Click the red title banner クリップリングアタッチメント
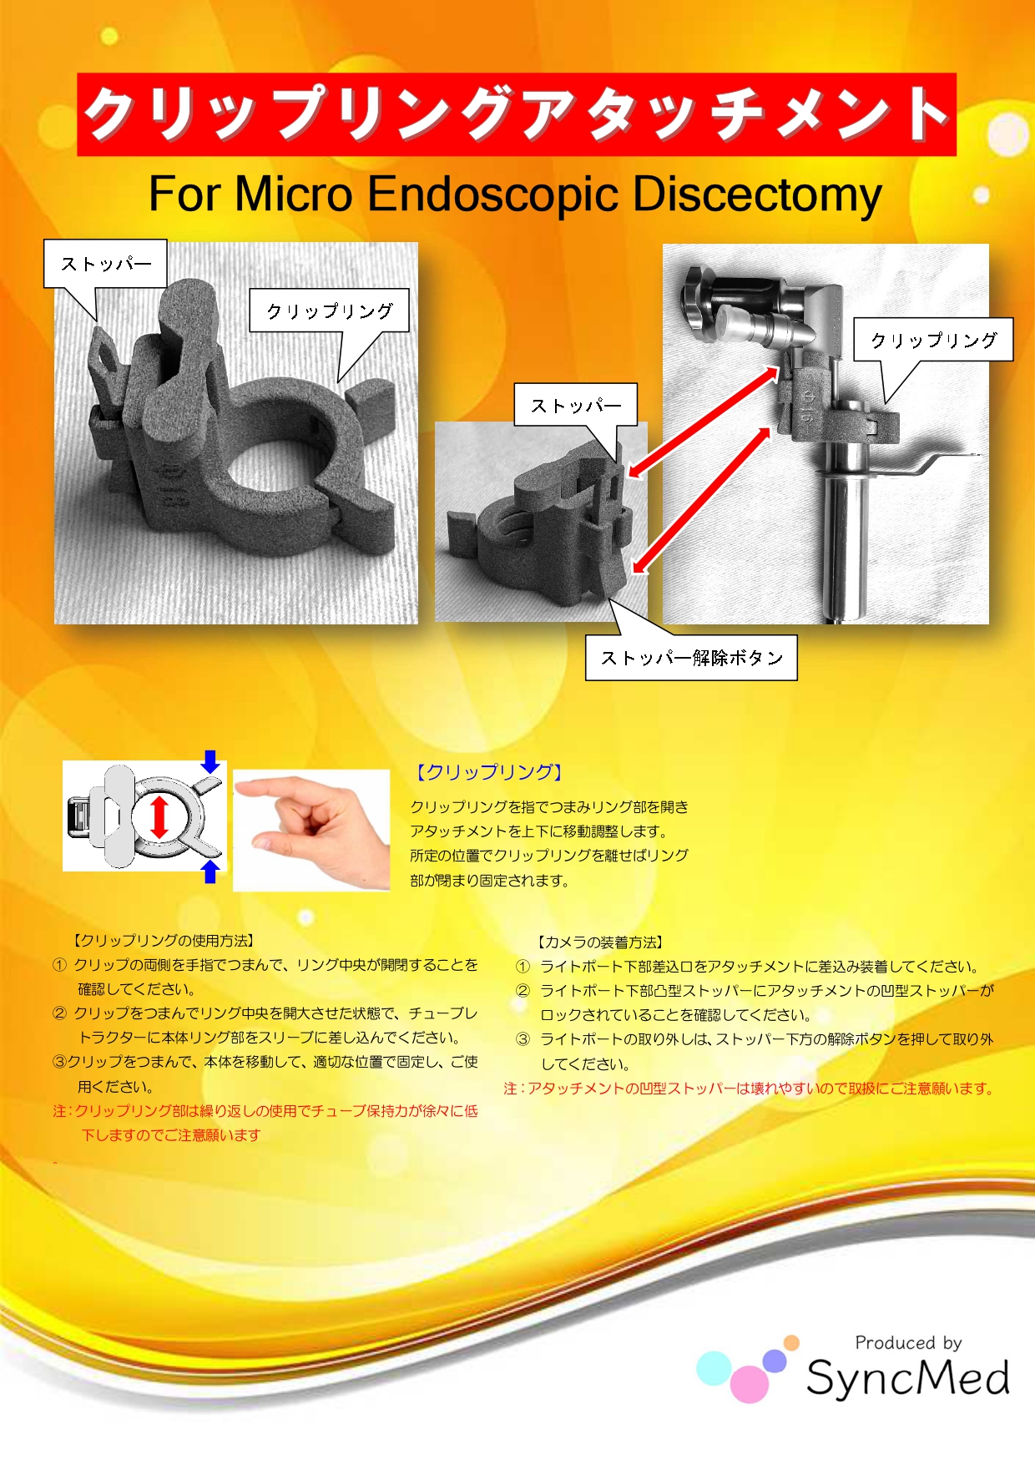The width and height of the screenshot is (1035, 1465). (x=517, y=114)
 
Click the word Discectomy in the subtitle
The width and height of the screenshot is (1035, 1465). (x=757, y=195)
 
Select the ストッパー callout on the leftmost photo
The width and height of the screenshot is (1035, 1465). (x=105, y=264)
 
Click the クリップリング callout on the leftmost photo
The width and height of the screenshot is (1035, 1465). (x=329, y=311)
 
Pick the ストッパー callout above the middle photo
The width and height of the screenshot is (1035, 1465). (x=575, y=406)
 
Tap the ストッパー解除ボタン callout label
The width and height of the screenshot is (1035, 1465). (x=691, y=658)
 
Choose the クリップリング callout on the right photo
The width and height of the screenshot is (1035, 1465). (x=933, y=340)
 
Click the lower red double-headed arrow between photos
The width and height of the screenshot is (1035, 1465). (x=702, y=500)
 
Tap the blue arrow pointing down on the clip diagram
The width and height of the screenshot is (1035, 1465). (x=211, y=761)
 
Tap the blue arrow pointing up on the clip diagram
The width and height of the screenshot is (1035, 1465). (x=211, y=871)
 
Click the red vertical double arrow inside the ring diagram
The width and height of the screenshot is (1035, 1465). (x=159, y=816)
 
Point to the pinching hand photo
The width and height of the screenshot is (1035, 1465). (x=311, y=831)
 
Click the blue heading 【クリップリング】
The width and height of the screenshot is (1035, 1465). (x=489, y=772)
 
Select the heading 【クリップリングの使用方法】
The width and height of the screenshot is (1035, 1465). (x=164, y=941)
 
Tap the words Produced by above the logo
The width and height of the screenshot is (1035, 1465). (x=908, y=1343)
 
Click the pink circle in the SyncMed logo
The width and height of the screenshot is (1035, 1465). (x=750, y=1384)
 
